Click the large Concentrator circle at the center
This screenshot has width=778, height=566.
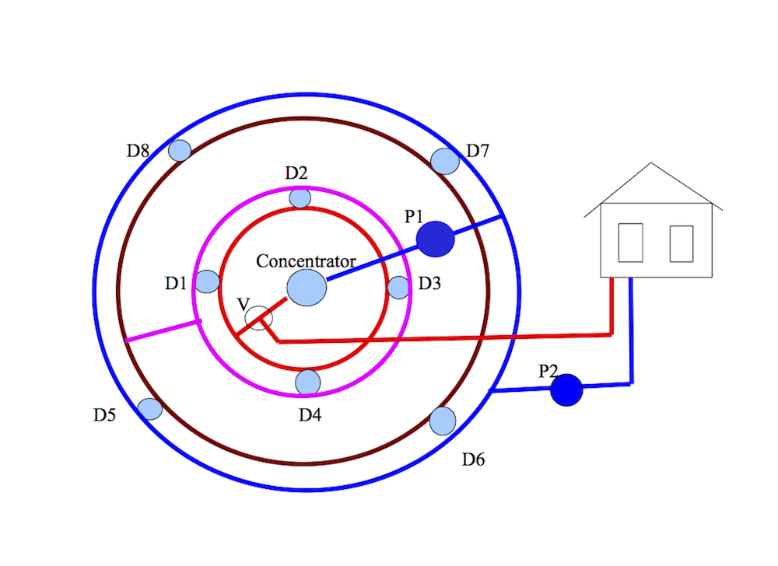[307, 288]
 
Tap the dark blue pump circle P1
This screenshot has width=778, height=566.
[435, 239]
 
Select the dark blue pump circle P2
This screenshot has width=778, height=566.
[566, 390]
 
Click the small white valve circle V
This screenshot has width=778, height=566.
[258, 318]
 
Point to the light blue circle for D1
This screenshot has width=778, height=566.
[207, 281]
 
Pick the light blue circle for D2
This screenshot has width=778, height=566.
[300, 198]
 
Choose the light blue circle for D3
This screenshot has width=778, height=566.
[398, 288]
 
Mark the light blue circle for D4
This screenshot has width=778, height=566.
[308, 382]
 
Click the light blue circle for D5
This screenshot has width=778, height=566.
[149, 408]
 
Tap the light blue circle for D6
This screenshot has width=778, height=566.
[443, 421]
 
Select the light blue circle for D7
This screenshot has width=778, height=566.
[445, 161]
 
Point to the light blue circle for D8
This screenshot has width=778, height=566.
[180, 150]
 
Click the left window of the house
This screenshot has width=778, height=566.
[630, 243]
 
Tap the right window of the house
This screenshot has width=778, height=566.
[682, 243]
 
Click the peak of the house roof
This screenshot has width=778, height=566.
[651, 163]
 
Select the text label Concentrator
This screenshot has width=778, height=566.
[306, 261]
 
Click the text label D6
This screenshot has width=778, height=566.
[473, 459]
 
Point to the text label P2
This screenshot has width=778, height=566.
[549, 371]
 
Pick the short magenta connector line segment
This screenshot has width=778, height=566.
[163, 330]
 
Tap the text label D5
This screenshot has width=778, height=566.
[105, 415]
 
